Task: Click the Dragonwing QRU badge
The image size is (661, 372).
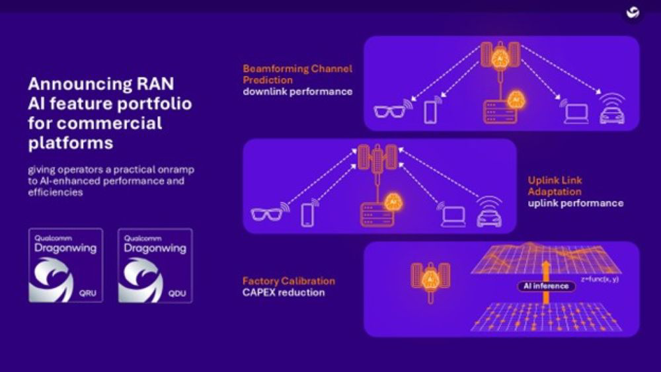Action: [65, 265]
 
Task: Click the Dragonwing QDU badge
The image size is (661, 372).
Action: [155, 265]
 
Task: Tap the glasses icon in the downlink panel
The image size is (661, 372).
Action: [392, 110]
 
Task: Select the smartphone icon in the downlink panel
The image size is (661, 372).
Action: [431, 110]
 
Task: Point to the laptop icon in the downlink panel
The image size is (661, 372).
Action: [576, 112]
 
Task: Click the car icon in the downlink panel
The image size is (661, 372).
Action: [611, 112]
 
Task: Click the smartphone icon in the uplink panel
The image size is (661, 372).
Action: [307, 215]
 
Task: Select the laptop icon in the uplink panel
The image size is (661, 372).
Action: [453, 215]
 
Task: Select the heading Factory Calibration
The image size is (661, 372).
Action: [288, 281]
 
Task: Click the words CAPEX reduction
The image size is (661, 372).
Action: [284, 292]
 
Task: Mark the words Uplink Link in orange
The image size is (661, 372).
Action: [555, 180]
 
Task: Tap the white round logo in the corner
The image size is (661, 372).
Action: [631, 13]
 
